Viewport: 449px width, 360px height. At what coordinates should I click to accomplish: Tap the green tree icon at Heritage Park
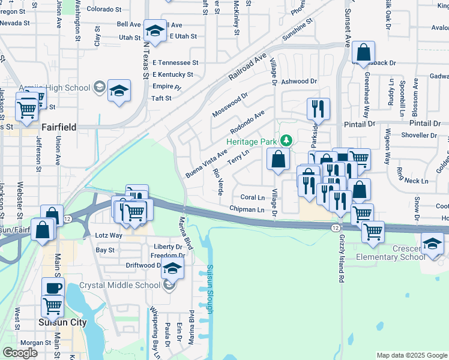287,141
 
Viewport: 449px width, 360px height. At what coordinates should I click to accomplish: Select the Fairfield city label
62,127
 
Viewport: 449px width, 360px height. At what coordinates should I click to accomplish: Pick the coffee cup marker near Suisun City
53,288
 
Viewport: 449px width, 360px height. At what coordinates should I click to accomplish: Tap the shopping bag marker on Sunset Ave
363,53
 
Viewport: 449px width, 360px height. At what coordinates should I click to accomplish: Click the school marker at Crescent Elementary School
432,245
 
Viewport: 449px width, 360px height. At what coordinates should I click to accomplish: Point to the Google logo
20,353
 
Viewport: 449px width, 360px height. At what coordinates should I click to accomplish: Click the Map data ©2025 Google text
412,355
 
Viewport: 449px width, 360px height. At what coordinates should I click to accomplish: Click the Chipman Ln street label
247,209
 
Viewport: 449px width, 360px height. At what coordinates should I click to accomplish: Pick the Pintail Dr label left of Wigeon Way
359,123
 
